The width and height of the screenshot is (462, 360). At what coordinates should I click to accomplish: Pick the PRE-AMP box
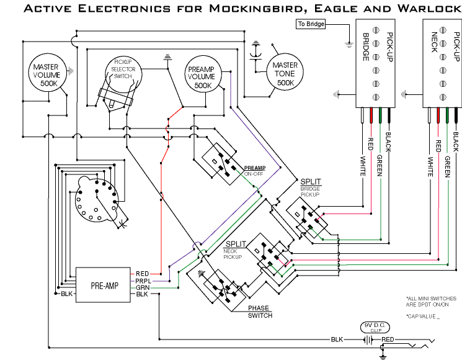click(103, 286)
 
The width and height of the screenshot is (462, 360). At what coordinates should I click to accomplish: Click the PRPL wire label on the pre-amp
click(142, 281)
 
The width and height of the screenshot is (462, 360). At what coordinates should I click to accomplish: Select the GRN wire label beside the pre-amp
click(142, 287)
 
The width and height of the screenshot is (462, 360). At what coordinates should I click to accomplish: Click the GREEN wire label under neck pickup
click(446, 168)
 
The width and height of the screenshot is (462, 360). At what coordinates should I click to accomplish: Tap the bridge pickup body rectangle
click(375, 62)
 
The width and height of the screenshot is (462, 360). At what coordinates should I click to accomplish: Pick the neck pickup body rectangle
click(443, 62)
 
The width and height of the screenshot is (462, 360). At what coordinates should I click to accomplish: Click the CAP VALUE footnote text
click(422, 317)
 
